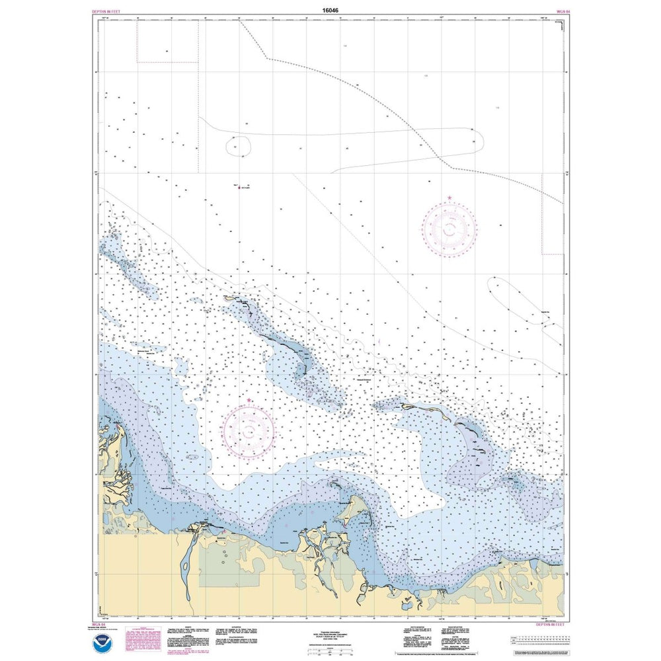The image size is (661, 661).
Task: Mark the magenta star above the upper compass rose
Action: pyautogui.click(x=449, y=198)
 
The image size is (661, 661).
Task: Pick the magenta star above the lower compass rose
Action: pyautogui.click(x=249, y=401)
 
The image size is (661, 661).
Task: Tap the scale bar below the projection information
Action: pyautogui.click(x=330, y=650)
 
